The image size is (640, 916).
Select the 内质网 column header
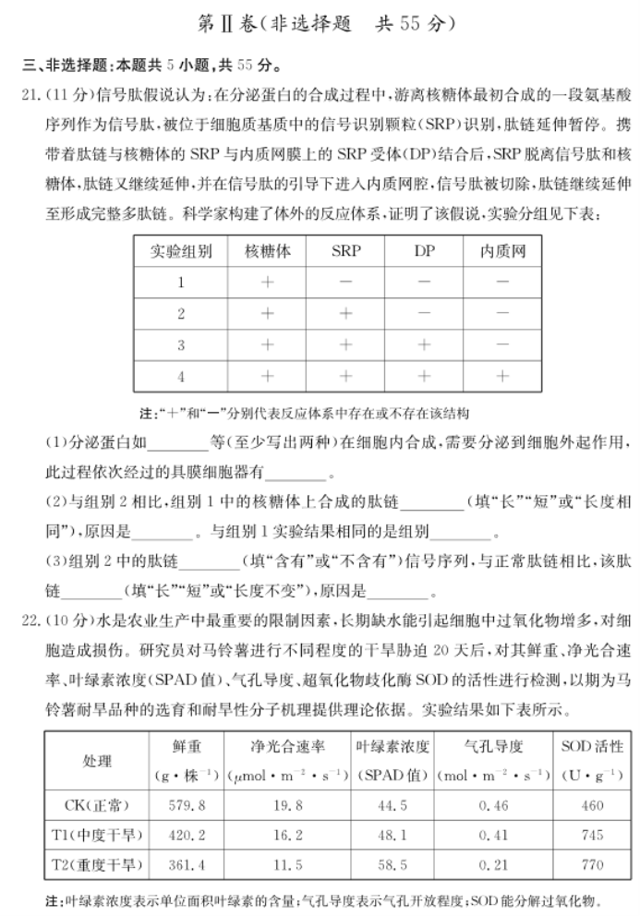pyautogui.click(x=502, y=251)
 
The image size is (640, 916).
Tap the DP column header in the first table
pyautogui.click(x=424, y=251)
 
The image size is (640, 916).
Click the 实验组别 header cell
pyautogui.click(x=182, y=251)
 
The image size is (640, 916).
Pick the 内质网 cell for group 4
pyautogui.click(x=502, y=377)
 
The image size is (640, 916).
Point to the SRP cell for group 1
pyautogui.click(x=345, y=283)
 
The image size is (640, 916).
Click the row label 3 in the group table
pyautogui.click(x=182, y=345)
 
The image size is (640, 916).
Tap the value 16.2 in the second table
pyautogui.click(x=288, y=835)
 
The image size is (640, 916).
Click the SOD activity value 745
pyautogui.click(x=593, y=835)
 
